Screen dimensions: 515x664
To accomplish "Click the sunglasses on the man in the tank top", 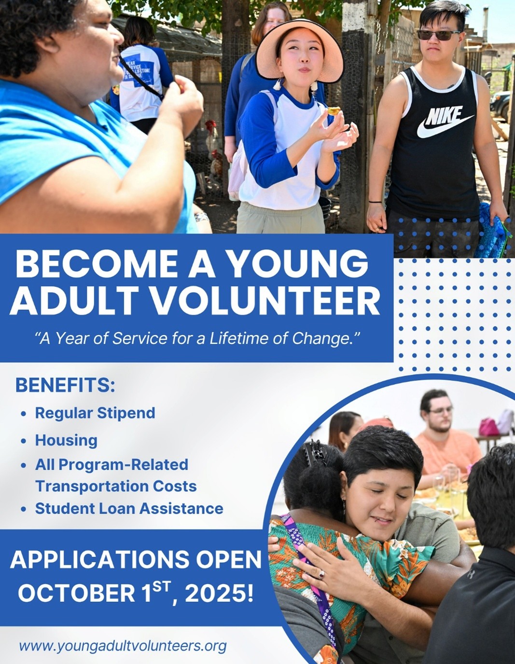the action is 439,34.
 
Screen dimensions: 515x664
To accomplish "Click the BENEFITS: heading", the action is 65,385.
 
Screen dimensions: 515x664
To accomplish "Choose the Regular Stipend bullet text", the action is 95,413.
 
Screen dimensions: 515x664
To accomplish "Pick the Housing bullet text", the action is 66,441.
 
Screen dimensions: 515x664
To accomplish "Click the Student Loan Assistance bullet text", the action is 129,509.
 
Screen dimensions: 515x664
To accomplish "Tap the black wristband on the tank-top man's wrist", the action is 375,202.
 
